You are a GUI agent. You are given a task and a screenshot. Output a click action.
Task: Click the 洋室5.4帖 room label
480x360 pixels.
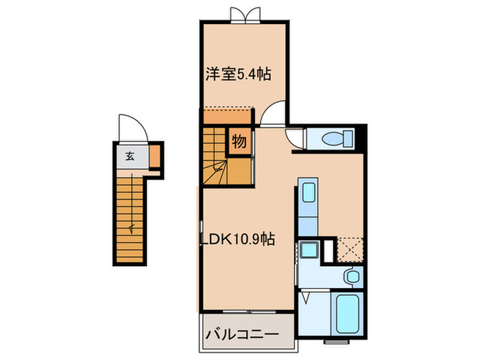tap(235, 74)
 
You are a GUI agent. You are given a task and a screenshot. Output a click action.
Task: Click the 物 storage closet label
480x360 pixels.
tap(239, 143)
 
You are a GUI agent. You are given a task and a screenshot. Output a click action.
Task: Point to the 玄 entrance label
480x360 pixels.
tap(130, 156)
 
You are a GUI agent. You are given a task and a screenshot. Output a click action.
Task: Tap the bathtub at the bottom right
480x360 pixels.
tap(348, 313)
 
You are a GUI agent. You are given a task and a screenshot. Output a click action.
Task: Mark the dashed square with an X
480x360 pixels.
tap(348, 250)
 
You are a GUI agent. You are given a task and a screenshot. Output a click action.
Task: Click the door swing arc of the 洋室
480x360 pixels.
tap(274, 114)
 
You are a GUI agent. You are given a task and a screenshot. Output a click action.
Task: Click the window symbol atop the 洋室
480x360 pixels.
tap(245, 14)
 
